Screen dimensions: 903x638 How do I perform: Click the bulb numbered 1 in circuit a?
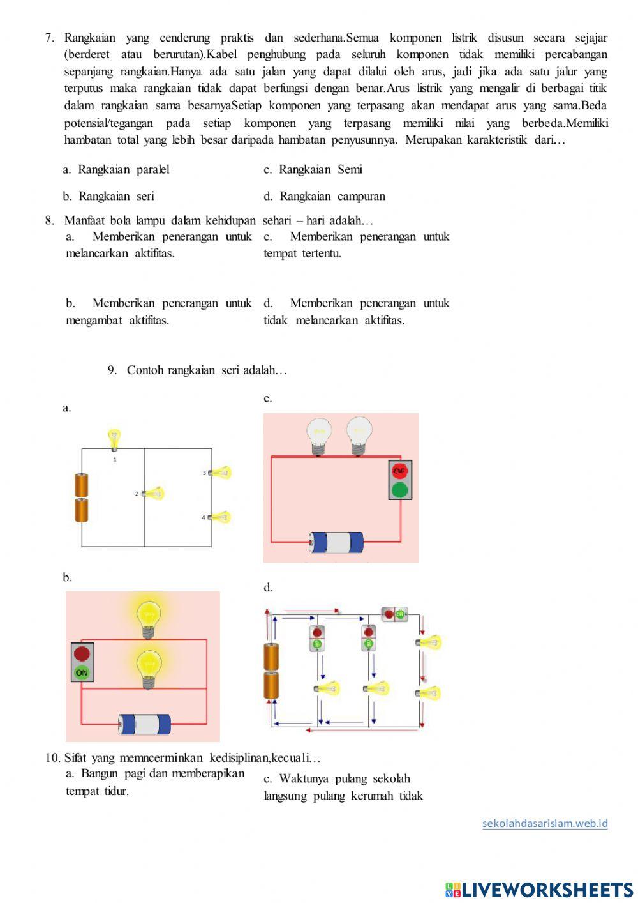point(114,439)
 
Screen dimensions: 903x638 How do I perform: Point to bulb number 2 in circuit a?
point(154,493)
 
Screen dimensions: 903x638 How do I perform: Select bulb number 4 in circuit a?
point(220,517)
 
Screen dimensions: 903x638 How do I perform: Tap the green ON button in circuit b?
point(82,672)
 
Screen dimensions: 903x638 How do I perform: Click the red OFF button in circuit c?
point(400,471)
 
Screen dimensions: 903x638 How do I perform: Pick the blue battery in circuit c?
point(336,542)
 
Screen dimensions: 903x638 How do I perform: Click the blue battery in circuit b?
point(145,724)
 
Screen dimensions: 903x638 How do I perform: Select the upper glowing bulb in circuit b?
point(149,618)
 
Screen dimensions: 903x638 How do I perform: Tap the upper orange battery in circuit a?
point(82,485)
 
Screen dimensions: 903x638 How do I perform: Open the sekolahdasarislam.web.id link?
point(545,823)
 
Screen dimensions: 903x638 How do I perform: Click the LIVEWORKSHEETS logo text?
point(547,890)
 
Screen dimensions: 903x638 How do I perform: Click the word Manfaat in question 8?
point(85,220)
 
